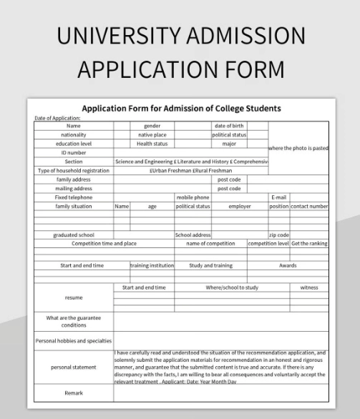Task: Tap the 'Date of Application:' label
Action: point(57,118)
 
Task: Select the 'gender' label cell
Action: point(152,126)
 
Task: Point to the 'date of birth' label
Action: point(229,126)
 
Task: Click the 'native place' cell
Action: point(152,134)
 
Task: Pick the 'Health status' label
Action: point(152,143)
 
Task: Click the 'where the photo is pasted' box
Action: point(298,148)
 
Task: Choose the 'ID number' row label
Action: point(73,152)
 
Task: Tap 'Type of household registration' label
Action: point(73,171)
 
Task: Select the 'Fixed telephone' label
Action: point(73,197)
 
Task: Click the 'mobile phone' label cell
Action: point(193,197)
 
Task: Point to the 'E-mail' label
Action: point(278,197)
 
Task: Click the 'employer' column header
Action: point(240,206)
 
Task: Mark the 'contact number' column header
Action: point(309,206)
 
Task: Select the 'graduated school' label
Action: point(73,235)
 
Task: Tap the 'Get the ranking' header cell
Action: point(309,243)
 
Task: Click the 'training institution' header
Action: point(152,265)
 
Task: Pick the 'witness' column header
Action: point(309,287)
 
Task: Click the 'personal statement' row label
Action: point(73,368)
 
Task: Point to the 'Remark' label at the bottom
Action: point(73,393)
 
